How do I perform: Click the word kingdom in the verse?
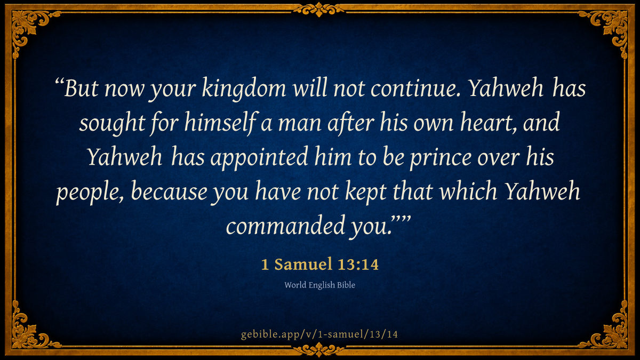pyautogui.click(x=244, y=89)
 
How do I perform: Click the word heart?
pyautogui.click(x=490, y=122)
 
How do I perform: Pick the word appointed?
pyautogui.click(x=259, y=157)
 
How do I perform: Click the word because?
pyautogui.click(x=169, y=190)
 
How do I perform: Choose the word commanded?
pyautogui.click(x=285, y=225)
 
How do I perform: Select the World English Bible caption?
pyautogui.click(x=319, y=285)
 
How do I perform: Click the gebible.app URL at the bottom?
pyautogui.click(x=319, y=334)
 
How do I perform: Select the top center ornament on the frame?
pyautogui.click(x=319, y=10)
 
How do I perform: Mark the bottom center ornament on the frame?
pyautogui.click(x=319, y=349)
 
